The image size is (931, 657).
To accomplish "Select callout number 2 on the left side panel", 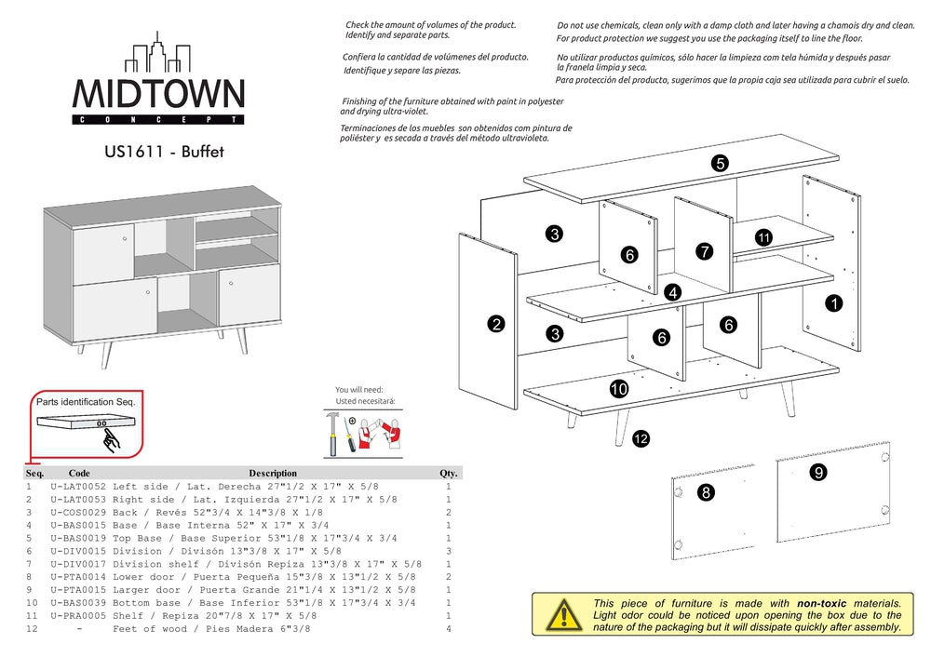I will point(496,324).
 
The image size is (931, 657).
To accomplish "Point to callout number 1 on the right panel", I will point(834,302).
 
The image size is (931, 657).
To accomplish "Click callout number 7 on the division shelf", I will point(704,251).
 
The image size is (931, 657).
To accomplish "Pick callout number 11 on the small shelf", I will point(763,237).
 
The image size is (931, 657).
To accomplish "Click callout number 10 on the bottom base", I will point(619,388).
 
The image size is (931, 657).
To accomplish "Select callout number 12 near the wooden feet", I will point(641,438).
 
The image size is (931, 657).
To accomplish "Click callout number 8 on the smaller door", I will point(706,492).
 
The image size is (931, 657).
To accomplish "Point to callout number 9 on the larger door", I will point(818,472).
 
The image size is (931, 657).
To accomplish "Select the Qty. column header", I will point(449,474).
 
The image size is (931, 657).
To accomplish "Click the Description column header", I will point(273,474).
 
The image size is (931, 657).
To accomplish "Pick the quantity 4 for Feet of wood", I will point(449,629).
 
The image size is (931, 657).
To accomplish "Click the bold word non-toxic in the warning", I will point(822,603).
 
